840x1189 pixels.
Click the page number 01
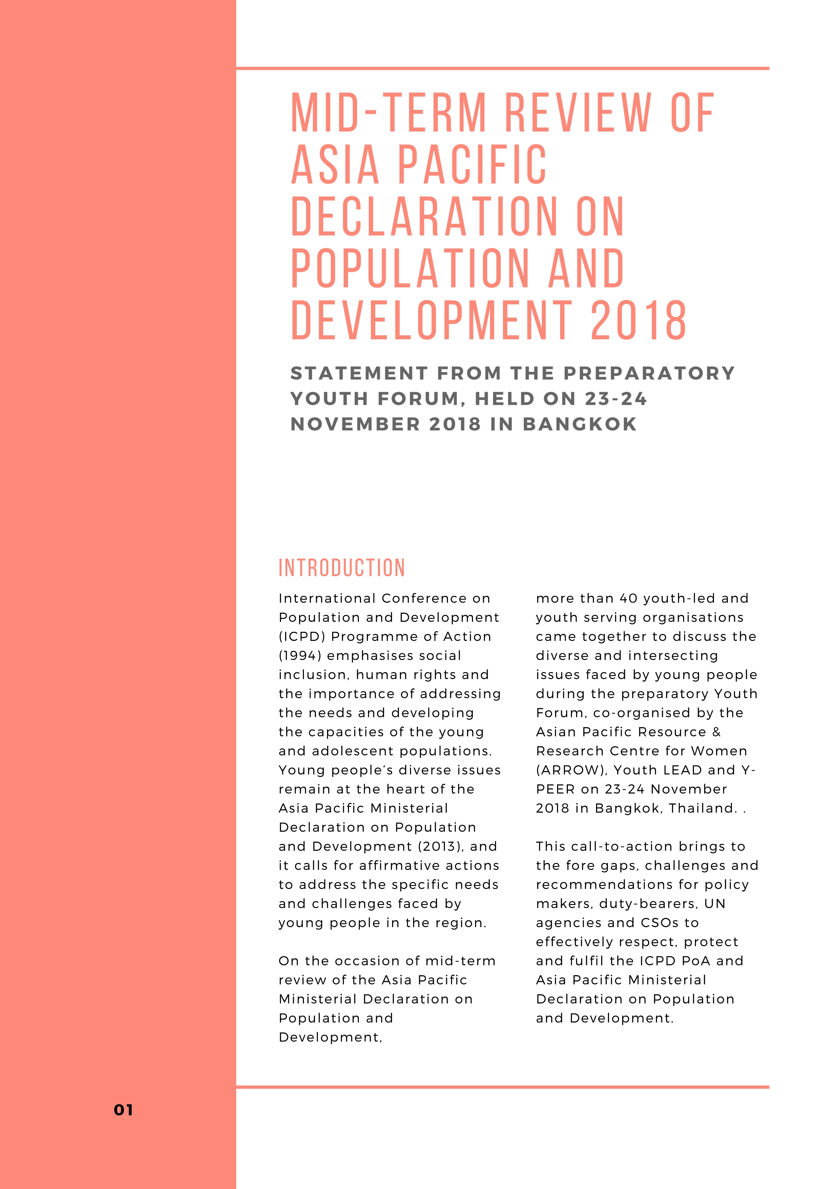123,1110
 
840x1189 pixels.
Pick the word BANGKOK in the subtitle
580,424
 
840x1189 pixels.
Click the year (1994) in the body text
298,656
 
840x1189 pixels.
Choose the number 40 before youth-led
629,598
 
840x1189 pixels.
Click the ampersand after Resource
716,732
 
